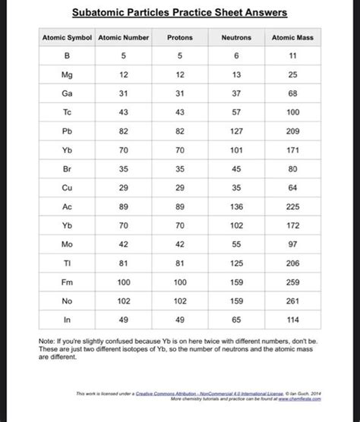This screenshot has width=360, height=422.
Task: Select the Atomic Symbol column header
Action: coord(67,37)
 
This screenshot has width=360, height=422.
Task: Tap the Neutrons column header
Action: coord(236,37)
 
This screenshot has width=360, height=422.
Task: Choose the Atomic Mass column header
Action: coord(292,37)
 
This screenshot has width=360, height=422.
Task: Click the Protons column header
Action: coord(180,37)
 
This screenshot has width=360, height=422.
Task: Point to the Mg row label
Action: coord(67,74)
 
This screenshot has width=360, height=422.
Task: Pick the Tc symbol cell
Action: coord(67,112)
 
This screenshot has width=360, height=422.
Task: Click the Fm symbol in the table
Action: coord(67,281)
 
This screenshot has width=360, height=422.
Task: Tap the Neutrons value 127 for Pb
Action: coord(236,131)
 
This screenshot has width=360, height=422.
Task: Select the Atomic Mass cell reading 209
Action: coord(292,131)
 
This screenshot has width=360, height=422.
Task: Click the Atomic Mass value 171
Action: coord(292,150)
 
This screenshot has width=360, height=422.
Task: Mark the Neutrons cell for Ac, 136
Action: coord(236,206)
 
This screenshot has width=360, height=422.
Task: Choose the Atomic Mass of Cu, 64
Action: coord(292,187)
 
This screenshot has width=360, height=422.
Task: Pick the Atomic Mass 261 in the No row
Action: coord(292,300)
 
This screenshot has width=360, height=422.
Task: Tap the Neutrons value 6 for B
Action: coord(236,56)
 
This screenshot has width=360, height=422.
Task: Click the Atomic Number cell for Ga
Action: coord(124,93)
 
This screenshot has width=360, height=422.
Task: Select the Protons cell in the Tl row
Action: coord(180,263)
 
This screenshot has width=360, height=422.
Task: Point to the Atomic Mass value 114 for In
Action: coord(292,319)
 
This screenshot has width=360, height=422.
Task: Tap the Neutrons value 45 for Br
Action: coord(236,168)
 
